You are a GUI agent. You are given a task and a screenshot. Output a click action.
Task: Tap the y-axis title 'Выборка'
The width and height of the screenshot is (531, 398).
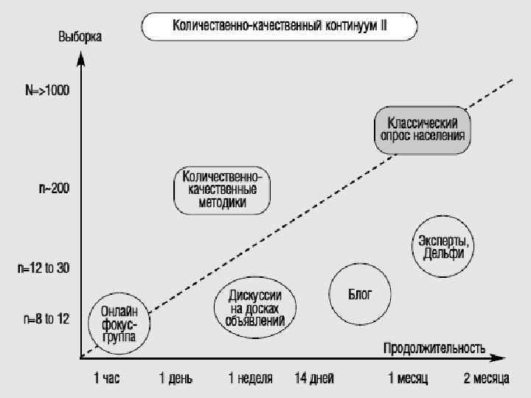pyautogui.click(x=80, y=36)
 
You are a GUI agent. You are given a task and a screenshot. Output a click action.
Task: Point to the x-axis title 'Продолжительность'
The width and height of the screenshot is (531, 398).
pyautogui.click(x=434, y=347)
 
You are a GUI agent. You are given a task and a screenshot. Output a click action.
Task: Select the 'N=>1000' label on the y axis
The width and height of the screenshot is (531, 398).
pyautogui.click(x=47, y=91)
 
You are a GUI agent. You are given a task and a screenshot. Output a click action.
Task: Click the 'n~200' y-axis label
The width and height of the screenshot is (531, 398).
pyautogui.click(x=54, y=189)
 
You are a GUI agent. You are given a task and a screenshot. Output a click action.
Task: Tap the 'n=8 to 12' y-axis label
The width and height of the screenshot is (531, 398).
pyautogui.click(x=46, y=319)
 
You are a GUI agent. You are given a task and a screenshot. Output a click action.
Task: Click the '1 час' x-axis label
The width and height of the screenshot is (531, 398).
pyautogui.click(x=106, y=378)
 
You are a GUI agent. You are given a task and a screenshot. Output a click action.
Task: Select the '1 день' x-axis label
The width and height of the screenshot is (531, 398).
pyautogui.click(x=176, y=378)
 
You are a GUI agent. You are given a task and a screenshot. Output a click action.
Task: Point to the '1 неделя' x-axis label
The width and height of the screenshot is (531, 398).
pyautogui.click(x=250, y=378)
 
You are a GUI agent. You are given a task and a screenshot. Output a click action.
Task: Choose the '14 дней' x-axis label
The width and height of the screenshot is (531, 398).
pyautogui.click(x=314, y=378)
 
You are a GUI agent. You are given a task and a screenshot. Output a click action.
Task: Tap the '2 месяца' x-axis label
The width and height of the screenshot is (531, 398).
pyautogui.click(x=486, y=378)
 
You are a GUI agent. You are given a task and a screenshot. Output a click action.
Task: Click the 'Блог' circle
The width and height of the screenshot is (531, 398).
pyautogui.click(x=360, y=294)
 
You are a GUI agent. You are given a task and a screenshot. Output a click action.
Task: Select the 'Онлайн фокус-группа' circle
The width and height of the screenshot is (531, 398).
pyautogui.click(x=118, y=324)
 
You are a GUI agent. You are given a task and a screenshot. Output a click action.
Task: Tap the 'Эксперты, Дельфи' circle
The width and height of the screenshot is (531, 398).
pyautogui.click(x=443, y=246)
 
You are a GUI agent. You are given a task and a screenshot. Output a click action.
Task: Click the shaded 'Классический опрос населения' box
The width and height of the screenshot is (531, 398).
pyautogui.click(x=421, y=130)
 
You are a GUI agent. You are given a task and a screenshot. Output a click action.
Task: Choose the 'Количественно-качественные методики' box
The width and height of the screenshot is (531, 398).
pyautogui.click(x=221, y=190)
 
